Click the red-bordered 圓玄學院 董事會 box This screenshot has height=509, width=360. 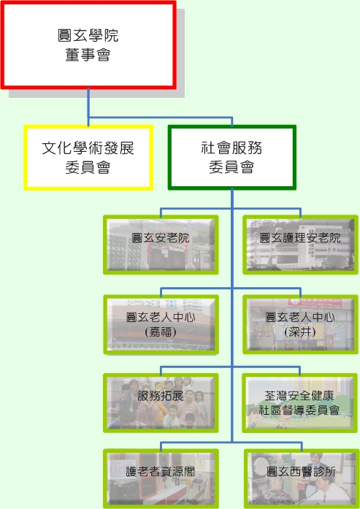pos(88,45)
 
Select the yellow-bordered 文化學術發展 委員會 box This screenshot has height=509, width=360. pos(88,158)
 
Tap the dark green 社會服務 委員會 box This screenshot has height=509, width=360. pos(231,158)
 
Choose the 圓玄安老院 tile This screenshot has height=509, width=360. pos(161,245)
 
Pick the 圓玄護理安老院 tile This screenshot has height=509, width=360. pos(300,245)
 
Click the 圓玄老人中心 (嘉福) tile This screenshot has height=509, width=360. pos(161,324)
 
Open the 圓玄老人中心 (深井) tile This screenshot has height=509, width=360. pos(300,324)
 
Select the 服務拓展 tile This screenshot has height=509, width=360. pos(161,403)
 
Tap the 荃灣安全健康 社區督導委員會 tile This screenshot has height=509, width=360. pos(300,403)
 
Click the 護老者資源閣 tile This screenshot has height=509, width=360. pos(161,478)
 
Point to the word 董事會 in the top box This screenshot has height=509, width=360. pos(88,55)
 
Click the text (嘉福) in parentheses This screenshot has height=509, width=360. pos(161,332)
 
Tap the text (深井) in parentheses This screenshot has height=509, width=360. pos(300,332)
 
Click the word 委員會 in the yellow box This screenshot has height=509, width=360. pos(88,167)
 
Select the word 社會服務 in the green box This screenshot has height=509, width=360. pos(231,148)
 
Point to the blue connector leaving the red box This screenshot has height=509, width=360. pos(88,107)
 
